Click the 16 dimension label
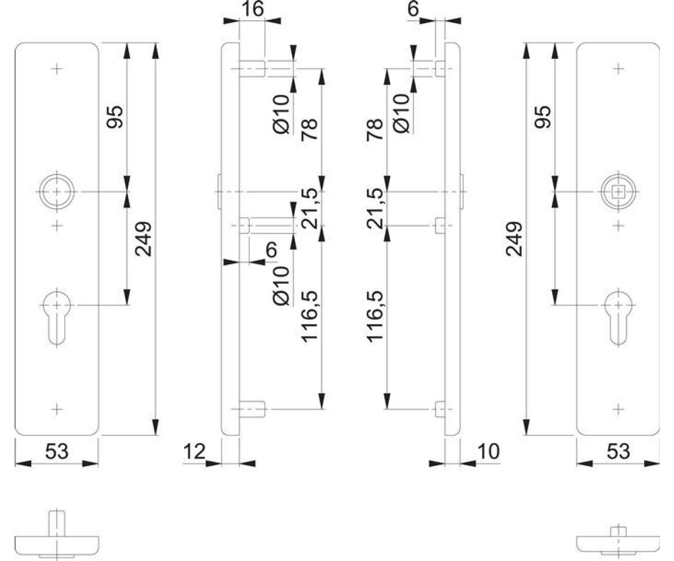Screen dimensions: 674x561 [252, 9]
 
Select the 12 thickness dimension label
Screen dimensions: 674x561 [194, 452]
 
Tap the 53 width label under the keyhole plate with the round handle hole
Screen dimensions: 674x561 [57, 452]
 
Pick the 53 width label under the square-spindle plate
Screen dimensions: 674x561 [618, 452]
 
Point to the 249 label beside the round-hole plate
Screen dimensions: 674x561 [143, 239]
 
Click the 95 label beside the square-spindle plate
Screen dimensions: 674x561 [543, 117]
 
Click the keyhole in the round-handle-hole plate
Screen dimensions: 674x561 [57, 318]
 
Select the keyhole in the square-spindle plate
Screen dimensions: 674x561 [618, 318]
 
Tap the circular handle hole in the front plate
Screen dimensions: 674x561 [57, 192]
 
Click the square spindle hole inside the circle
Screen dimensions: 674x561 [618, 192]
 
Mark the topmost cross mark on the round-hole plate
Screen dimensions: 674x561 [57, 68]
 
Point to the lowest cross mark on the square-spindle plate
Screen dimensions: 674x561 [618, 409]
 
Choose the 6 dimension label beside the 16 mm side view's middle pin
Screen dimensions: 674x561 [272, 250]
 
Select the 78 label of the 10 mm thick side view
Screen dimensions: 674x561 [375, 130]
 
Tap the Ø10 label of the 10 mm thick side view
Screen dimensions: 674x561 [402, 113]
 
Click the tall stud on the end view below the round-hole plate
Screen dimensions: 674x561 [57, 523]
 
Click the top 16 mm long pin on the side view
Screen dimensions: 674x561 [252, 68]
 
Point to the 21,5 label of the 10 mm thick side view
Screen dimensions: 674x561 [375, 208]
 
